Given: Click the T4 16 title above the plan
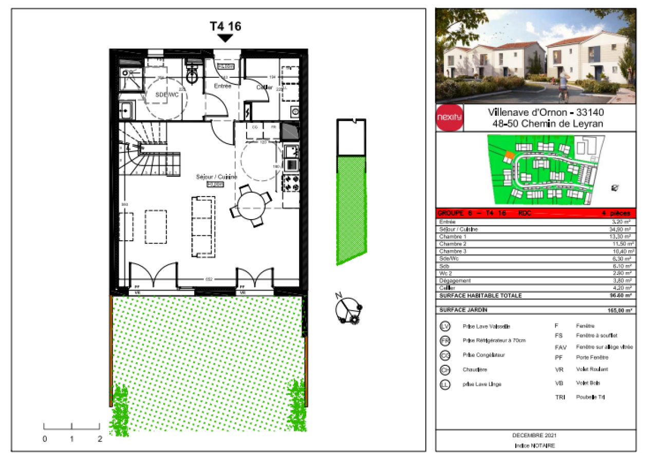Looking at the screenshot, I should tap(225, 26).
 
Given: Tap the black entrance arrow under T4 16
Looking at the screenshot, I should tap(225, 38).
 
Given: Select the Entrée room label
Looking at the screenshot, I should tap(222, 86).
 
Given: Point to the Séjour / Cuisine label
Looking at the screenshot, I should tap(217, 176).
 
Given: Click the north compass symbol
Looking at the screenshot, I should tap(348, 309).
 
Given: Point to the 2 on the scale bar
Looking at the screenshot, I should tap(100, 439).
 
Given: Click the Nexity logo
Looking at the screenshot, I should tap(449, 118).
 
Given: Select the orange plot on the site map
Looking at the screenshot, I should tap(509, 154).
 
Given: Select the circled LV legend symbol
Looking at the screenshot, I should tap(445, 327).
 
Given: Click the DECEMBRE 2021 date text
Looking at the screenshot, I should tap(534, 435).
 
